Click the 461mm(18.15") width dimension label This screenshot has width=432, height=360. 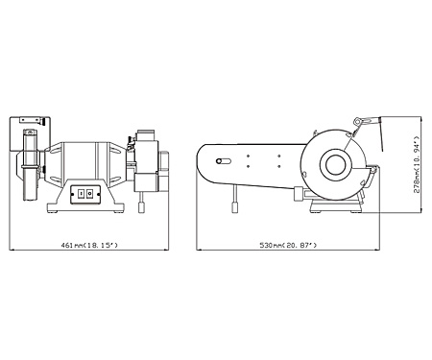pos(89,245)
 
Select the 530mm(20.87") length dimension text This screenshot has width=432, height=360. pos(288,245)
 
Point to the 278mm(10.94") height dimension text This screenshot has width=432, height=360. pos(416,165)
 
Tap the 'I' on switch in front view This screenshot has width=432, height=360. pos(81,194)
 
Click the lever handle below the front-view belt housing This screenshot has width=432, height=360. pos(141,206)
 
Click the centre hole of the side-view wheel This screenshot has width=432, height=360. pos(336,165)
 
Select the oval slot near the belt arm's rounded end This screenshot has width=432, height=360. pos(223,161)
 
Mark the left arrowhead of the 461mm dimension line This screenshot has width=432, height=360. pos(12,250)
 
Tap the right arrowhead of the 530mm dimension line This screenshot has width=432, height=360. pos(377,250)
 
